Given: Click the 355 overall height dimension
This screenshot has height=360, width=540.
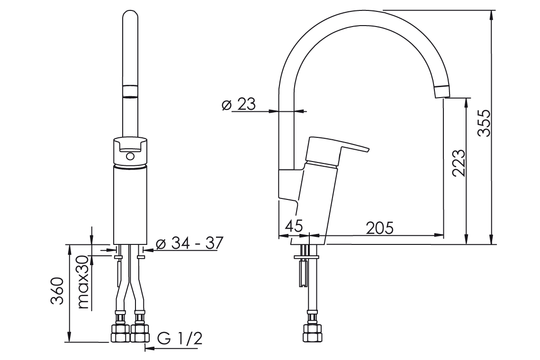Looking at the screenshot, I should point(483,123).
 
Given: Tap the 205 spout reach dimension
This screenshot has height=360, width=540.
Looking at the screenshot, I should point(380,228).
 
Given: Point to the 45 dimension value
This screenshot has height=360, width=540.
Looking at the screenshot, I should point(293,226).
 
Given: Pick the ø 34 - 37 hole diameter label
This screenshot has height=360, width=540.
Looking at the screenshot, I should point(189,243).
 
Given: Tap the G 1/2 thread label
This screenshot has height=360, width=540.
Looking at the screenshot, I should point(180,338).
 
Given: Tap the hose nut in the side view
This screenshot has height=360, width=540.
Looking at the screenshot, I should point(312,332).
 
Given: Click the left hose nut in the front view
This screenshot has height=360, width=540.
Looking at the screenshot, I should point(120,332).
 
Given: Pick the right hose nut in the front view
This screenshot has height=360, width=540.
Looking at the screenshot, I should point(140,332).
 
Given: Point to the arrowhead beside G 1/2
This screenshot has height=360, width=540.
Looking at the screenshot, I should point(148,349).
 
